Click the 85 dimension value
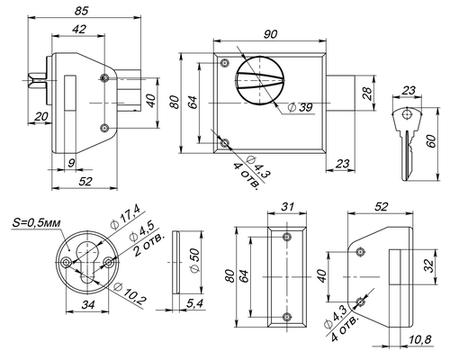click(x=82, y=11)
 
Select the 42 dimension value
click(x=79, y=29)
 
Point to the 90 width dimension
click(x=270, y=34)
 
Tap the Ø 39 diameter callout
click(x=300, y=107)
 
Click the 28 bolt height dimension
click(x=367, y=94)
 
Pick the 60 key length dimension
click(x=431, y=141)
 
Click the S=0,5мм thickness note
click(x=36, y=222)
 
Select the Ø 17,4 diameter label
click(x=125, y=219)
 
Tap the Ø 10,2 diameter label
click(x=130, y=292)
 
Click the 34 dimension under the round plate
click(x=88, y=305)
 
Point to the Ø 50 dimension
click(x=194, y=260)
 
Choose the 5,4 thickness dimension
click(x=194, y=303)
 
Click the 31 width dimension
click(x=287, y=207)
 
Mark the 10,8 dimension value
click(x=420, y=339)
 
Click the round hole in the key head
click(x=407, y=114)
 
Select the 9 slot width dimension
click(x=71, y=163)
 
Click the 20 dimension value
click(x=41, y=116)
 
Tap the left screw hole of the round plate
click(x=66, y=263)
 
